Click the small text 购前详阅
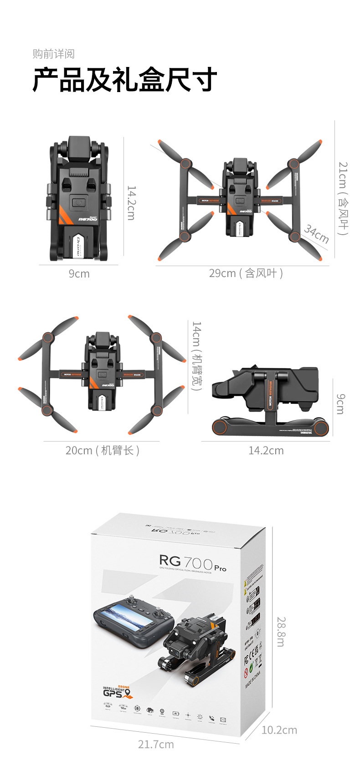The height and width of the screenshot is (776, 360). tap(53, 54)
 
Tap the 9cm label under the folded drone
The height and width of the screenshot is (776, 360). tap(79, 274)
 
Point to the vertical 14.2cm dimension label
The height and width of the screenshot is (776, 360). tap(131, 203)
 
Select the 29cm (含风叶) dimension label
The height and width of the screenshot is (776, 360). tap(246, 273)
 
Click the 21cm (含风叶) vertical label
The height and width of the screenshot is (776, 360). tap(343, 198)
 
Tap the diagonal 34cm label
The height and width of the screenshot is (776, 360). tap(316, 234)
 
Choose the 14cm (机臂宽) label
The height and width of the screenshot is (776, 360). tap(196, 356)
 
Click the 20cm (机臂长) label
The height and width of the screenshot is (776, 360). tap(103, 451)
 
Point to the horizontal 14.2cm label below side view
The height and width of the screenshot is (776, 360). tap(266, 451)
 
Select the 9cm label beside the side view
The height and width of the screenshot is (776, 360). tap(340, 404)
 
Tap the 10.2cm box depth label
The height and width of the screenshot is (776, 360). tap(279, 730)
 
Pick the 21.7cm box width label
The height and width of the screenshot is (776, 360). tap(156, 744)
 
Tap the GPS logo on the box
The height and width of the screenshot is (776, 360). tap(117, 693)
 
